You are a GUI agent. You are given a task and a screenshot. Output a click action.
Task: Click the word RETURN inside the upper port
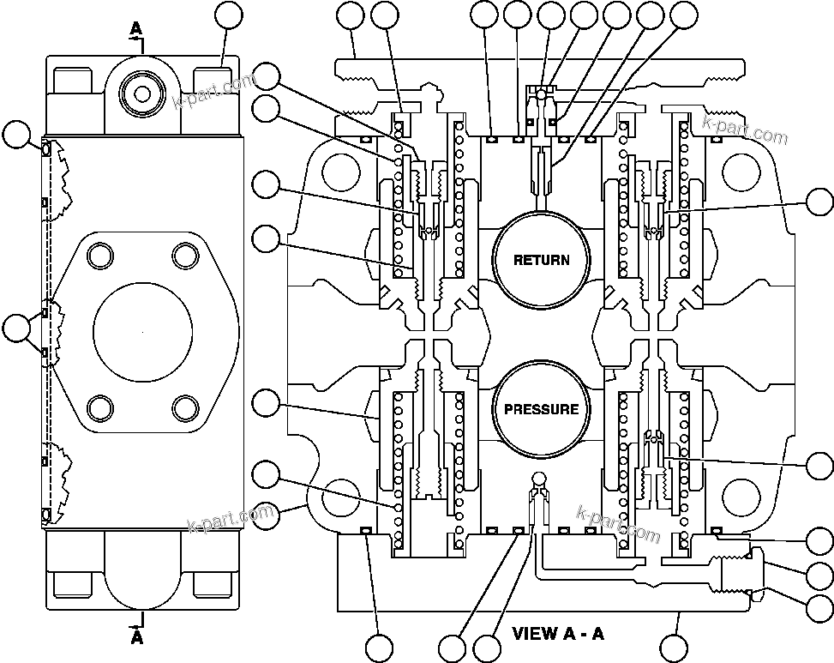(x=540, y=260)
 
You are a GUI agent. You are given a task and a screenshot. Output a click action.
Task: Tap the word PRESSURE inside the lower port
(x=540, y=409)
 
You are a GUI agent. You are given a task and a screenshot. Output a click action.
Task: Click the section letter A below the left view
(x=136, y=638)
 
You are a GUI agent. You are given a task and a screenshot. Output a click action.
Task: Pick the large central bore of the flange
(x=142, y=330)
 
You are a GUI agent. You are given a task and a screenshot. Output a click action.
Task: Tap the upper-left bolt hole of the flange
(x=100, y=255)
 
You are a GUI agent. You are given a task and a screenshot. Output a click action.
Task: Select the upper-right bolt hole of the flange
(x=184, y=255)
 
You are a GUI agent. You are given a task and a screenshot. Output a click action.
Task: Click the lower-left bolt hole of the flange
(x=100, y=406)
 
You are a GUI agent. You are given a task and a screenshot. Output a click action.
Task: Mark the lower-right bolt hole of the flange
(x=184, y=406)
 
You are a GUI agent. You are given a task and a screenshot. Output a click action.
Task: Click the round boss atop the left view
(x=142, y=88)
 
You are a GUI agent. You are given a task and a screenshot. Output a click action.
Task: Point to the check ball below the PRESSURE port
(x=538, y=478)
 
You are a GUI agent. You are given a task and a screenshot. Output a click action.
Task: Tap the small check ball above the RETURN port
(x=541, y=90)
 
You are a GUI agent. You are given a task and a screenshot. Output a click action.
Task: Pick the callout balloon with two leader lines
(x=15, y=327)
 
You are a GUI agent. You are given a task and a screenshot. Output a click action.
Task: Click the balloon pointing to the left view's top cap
(x=227, y=15)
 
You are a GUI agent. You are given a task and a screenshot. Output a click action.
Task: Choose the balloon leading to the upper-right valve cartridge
(x=819, y=202)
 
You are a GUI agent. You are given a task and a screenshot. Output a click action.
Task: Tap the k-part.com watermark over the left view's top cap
(x=214, y=93)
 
